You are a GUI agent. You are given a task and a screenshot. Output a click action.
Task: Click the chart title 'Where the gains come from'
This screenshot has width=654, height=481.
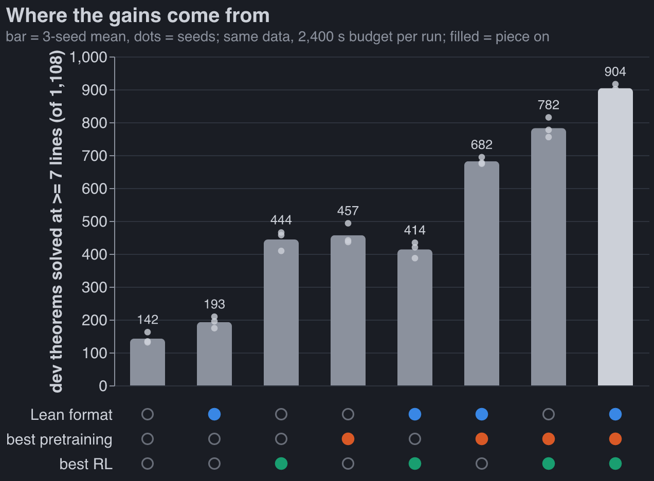(x=138, y=15)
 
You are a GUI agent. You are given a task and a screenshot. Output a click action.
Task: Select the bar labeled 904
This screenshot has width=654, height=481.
(x=615, y=237)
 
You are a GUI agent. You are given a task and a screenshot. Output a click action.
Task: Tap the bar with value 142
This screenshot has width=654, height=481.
(x=148, y=362)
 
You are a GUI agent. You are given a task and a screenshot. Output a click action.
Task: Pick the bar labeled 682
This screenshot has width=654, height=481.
(x=481, y=273)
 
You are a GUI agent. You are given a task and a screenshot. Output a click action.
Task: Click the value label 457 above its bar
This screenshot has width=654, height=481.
(x=348, y=211)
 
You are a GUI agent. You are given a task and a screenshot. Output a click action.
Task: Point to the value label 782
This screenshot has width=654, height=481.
(x=548, y=105)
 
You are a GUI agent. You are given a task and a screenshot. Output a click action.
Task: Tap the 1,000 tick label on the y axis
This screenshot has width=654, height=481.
(x=88, y=57)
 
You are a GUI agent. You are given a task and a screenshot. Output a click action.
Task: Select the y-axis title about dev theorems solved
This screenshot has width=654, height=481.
(x=57, y=221)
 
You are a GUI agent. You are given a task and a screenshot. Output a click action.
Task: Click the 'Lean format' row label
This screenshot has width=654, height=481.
(x=71, y=415)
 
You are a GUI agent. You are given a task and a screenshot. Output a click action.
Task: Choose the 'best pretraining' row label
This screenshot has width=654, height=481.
(x=59, y=439)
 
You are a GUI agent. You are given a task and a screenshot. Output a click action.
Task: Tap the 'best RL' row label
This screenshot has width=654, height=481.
(x=86, y=464)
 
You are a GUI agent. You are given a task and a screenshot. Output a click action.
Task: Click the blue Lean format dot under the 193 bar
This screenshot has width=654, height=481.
(x=214, y=414)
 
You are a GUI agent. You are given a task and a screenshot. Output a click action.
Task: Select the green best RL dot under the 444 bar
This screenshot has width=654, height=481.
(x=281, y=464)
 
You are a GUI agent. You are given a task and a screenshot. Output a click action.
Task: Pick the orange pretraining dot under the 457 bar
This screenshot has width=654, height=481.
(x=348, y=439)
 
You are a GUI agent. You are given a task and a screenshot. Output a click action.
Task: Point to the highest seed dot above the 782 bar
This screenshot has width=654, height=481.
(x=548, y=117)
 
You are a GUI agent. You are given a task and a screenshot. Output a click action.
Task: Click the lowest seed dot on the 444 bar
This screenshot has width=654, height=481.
(x=281, y=251)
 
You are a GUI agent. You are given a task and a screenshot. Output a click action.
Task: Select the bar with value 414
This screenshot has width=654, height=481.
(x=414, y=318)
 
